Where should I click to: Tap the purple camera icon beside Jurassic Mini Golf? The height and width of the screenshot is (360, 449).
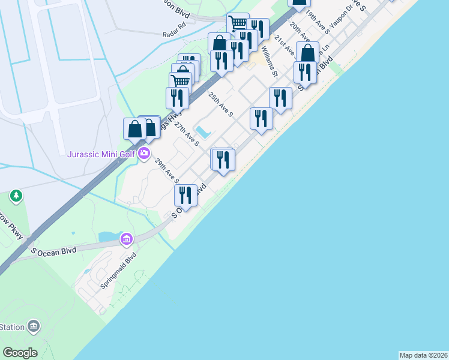tap(144, 154)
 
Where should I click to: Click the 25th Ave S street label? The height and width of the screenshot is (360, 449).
tap(220, 104)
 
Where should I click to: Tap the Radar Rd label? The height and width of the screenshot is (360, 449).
tap(175, 34)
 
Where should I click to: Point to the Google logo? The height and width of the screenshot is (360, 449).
tap(20, 353)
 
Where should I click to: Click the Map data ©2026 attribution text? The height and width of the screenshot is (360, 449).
tap(423, 355)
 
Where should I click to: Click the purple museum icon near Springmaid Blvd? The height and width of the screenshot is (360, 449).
tap(126, 240)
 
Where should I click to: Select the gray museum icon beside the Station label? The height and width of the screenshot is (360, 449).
tap(34, 326)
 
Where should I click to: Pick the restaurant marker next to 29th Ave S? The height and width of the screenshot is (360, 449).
tap(185, 196)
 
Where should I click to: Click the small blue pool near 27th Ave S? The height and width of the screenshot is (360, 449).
tap(203, 131)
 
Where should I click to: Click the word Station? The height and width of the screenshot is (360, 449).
tap(12, 327)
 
